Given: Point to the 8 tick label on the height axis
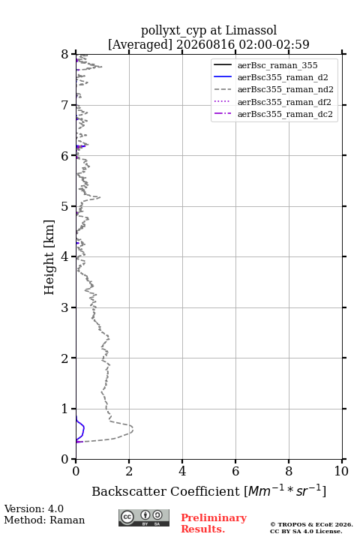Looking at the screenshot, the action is [x=65, y=55].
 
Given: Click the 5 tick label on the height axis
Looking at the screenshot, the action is [x=65, y=206].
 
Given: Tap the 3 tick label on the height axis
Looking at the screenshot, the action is [x=65, y=307].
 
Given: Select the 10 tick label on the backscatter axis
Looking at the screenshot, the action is [x=341, y=471].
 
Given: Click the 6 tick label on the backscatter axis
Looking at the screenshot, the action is [x=235, y=471].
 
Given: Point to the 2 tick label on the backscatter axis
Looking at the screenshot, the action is [x=129, y=471].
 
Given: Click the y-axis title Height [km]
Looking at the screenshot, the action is [x=49, y=257].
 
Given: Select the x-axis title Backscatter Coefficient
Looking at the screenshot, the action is [x=166, y=491].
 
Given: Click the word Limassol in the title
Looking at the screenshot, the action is [x=250, y=31].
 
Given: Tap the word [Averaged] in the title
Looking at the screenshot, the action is [x=140, y=44].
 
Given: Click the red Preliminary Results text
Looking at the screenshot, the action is [x=214, y=523].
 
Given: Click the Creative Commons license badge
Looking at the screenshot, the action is [x=144, y=518].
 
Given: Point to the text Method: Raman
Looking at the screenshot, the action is [x=44, y=520].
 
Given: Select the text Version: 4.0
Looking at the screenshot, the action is [x=34, y=508].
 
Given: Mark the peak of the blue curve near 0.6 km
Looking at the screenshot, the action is [x=84, y=428].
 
